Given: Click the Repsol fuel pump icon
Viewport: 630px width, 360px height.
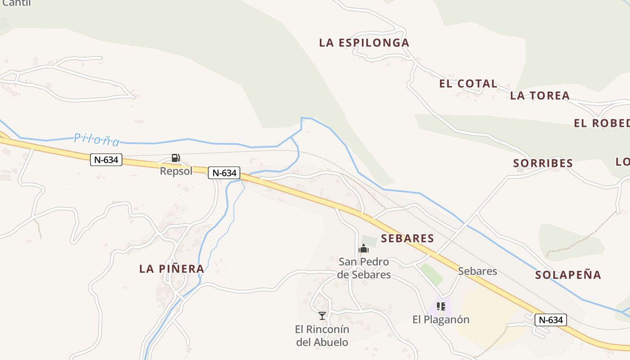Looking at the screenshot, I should pos(176,158).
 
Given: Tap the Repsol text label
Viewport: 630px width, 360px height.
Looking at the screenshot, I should pos(176,171).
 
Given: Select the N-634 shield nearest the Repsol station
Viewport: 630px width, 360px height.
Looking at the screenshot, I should pos(106,160).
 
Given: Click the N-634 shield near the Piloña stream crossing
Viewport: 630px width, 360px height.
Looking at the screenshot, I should pos(224,173).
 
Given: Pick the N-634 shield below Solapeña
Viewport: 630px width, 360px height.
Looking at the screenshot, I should pos(550,320).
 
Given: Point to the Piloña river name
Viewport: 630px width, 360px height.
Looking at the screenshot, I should pos(97,139).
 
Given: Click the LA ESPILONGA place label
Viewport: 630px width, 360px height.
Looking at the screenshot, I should pos(364,43).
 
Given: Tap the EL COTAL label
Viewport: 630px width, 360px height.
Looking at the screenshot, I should pos(468,84).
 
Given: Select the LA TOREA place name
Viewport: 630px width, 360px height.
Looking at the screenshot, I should pos(540,95).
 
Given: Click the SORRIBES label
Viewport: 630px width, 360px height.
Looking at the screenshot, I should pos(543,163).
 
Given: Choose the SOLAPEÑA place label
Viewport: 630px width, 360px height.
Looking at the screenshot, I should pos(568,275).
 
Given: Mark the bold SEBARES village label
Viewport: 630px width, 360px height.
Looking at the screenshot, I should pos(407,238).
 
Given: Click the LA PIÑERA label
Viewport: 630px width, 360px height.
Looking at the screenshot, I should pos(171,269).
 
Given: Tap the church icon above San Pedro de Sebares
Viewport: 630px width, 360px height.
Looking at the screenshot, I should pos(364,248).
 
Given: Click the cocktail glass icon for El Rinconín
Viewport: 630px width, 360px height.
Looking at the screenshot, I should pos(322,316).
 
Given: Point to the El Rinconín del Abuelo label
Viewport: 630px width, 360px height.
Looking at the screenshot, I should pos(322,336).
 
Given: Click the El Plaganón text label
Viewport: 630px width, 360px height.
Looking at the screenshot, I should pos(441,319).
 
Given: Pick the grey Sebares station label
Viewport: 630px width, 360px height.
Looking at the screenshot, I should pos(477,271).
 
